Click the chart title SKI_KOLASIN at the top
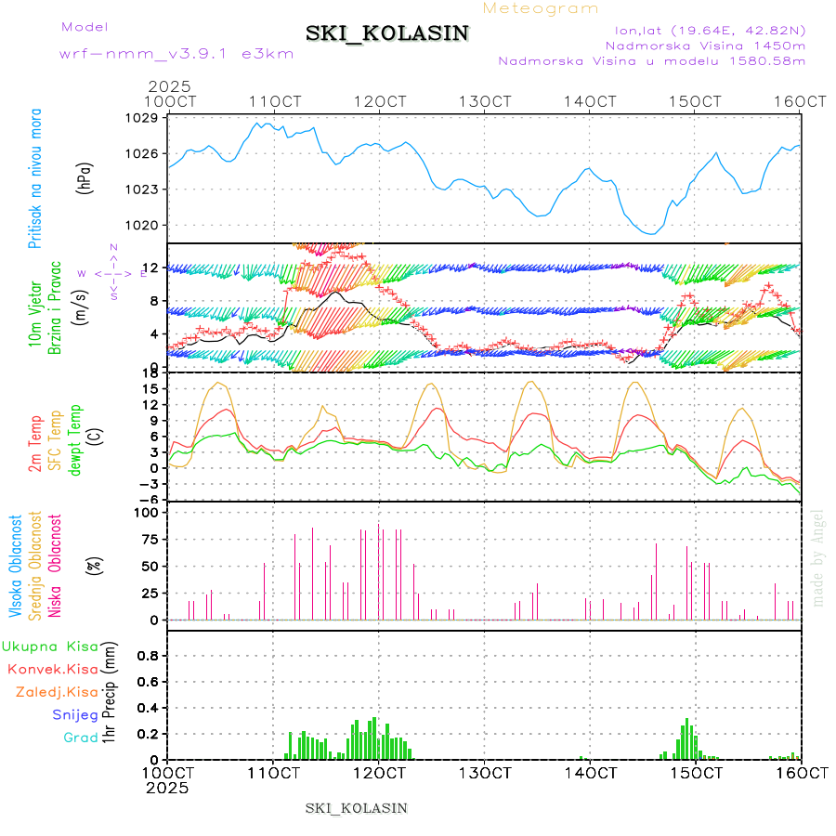tap(386, 33)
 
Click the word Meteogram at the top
tap(542, 8)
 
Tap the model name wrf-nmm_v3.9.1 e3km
tap(176, 54)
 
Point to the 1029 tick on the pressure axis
tap(144, 118)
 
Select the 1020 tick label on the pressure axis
tap(144, 225)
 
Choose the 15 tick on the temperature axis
tap(151, 388)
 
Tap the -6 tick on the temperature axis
tap(150, 500)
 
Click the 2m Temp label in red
tap(35, 445)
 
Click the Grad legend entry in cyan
tap(80, 738)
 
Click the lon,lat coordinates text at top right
tap(702, 30)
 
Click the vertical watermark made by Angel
tap(818, 557)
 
